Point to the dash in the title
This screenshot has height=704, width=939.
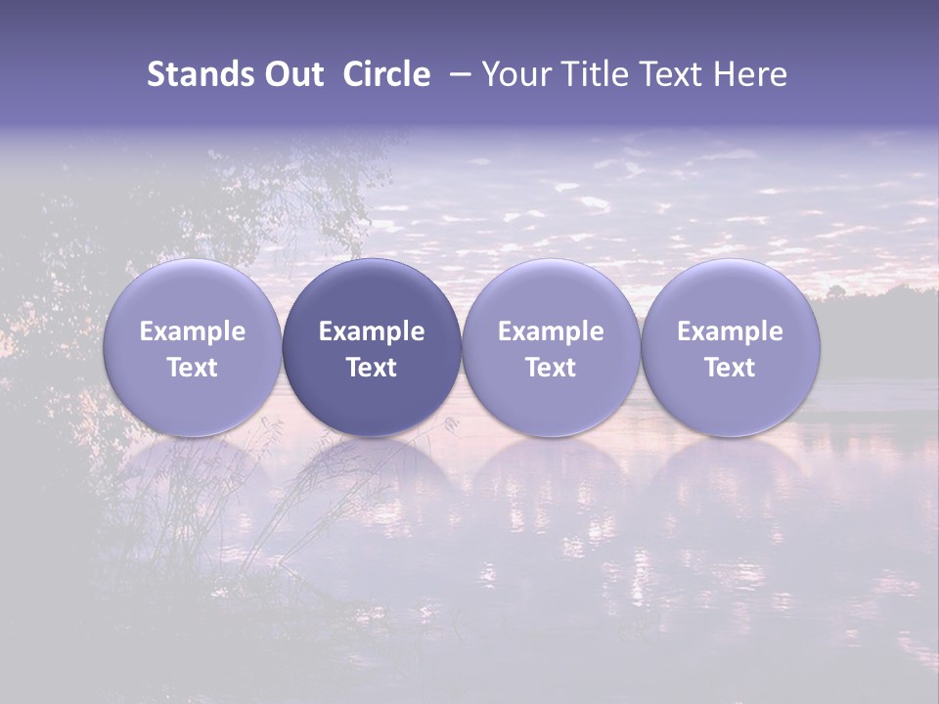coord(458,75)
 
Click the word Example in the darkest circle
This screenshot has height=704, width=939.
coord(372,331)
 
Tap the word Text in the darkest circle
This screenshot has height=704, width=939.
coord(372,368)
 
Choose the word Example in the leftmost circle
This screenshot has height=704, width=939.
coord(193,331)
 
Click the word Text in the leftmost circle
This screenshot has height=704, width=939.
coord(193,368)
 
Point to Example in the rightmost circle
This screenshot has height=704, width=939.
coord(730,331)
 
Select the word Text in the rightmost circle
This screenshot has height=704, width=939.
coord(730,368)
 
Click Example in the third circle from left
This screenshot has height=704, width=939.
coord(551,331)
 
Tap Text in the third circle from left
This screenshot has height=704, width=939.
coord(551,368)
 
